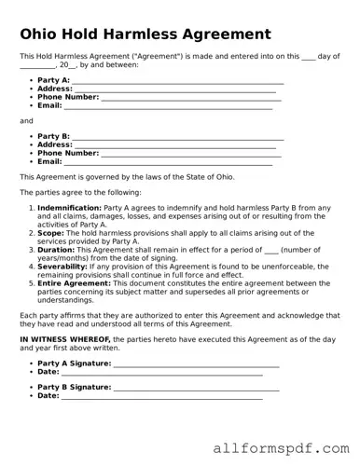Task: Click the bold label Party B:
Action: pyautogui.click(x=53, y=136)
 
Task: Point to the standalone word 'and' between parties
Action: pyautogui.click(x=26, y=121)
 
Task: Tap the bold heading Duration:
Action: pyautogui.click(x=56, y=250)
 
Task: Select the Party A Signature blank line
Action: pyautogui.click(x=196, y=363)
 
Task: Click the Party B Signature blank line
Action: pyautogui.click(x=196, y=387)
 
